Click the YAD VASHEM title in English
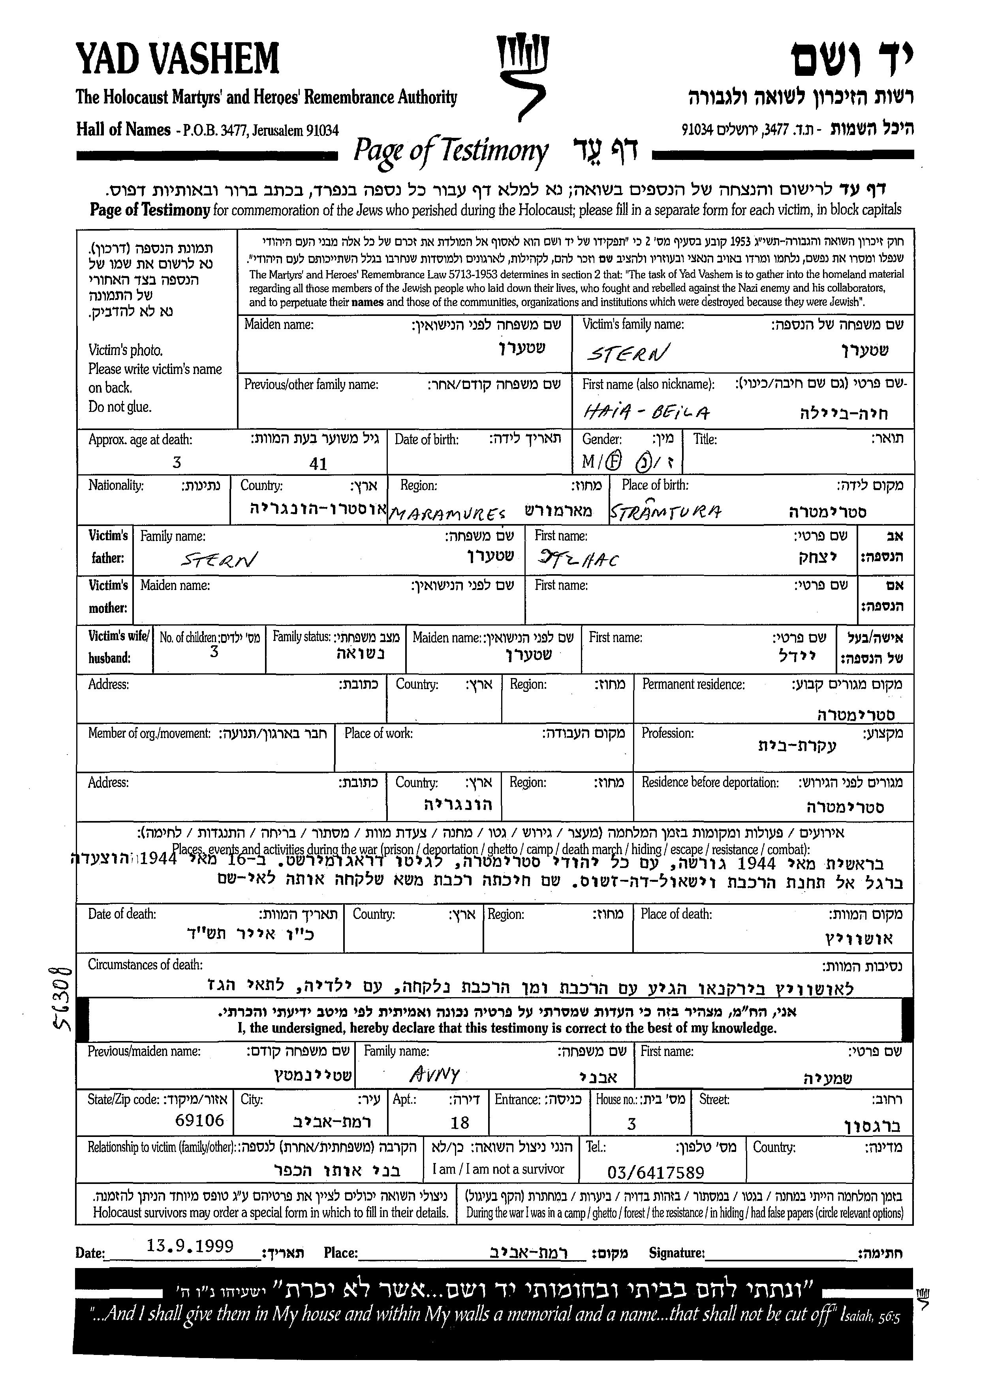click(177, 60)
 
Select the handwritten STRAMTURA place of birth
click(665, 512)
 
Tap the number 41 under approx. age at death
click(318, 464)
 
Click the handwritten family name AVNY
click(435, 1073)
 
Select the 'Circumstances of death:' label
click(145, 965)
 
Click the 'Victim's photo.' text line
click(126, 350)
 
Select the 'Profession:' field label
click(667, 733)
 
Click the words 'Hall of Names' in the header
click(123, 129)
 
